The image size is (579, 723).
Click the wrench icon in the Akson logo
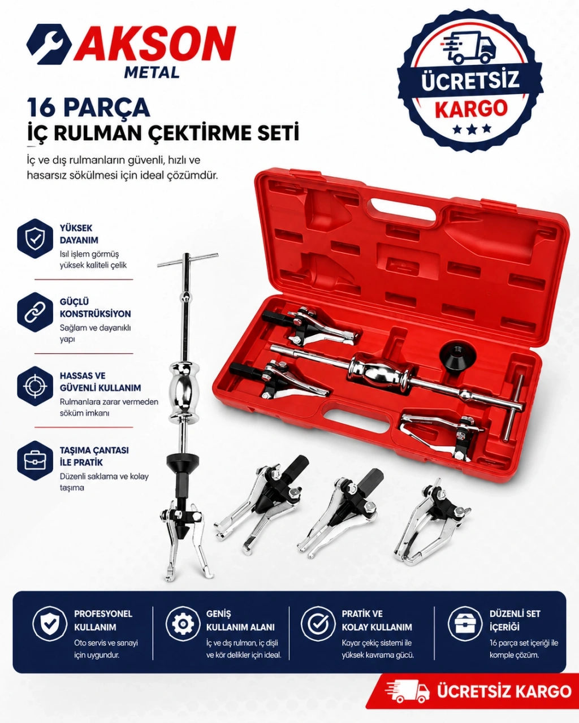(x=49, y=44)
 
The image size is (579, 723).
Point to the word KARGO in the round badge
(x=471, y=108)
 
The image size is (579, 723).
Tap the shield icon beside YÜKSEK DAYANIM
(x=35, y=239)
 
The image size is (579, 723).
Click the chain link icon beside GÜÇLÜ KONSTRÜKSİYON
(x=35, y=312)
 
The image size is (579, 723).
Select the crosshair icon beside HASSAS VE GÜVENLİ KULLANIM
(x=35, y=386)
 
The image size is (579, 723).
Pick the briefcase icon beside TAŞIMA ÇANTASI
(x=35, y=461)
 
